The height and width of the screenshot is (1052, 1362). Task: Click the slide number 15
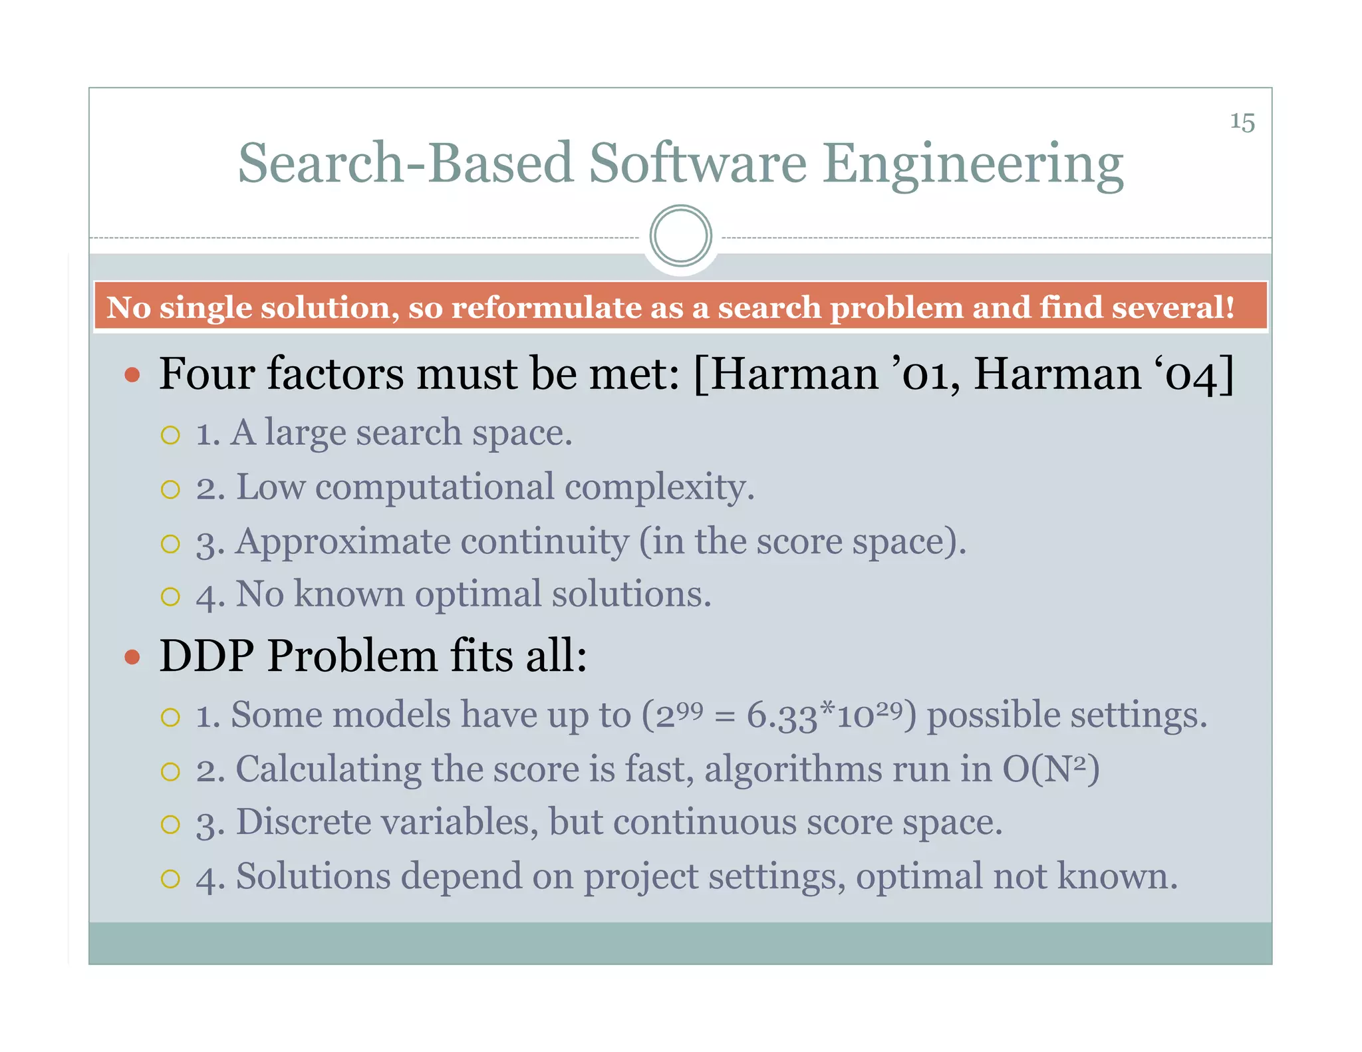(x=1242, y=122)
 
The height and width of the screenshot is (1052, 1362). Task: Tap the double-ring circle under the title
(x=680, y=236)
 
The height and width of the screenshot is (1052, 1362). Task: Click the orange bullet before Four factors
(x=132, y=375)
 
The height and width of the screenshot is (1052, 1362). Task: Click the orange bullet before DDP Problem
(x=132, y=658)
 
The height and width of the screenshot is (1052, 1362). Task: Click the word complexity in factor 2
(x=659, y=487)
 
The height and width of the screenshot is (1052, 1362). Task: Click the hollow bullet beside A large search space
(x=170, y=436)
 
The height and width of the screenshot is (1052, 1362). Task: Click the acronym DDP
(x=206, y=656)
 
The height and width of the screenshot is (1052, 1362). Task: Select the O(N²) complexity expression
(x=1050, y=769)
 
